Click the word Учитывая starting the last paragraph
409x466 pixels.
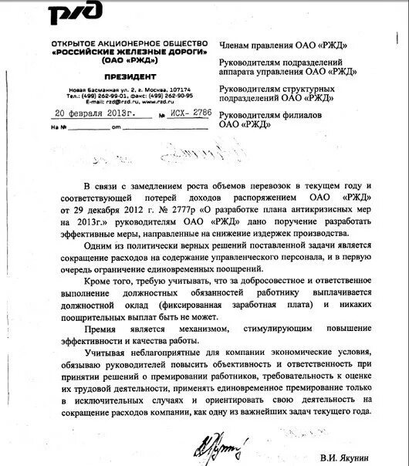(110, 354)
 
